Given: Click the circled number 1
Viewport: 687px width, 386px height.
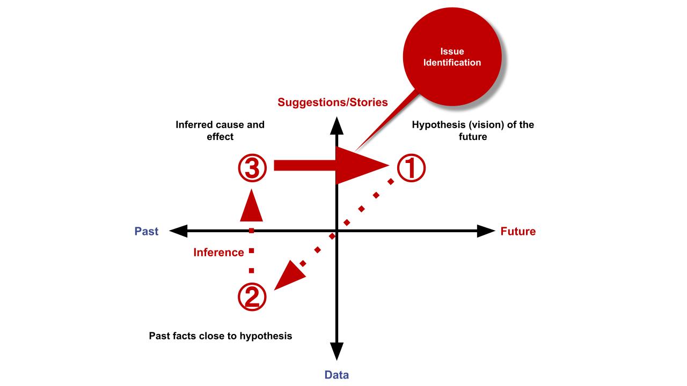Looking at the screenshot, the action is point(411,168).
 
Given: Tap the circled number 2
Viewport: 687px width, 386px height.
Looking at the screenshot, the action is point(252,297).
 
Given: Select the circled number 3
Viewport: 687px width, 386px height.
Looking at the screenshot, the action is point(252,168).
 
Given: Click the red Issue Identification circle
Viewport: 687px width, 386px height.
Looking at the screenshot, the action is point(452,57).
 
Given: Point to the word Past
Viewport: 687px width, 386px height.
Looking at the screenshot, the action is point(147,231).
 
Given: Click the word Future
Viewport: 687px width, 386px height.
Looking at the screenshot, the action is point(518,231).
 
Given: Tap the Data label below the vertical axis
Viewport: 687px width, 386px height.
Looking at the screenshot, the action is point(337,375).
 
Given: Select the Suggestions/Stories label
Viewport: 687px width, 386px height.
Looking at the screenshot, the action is point(332,102).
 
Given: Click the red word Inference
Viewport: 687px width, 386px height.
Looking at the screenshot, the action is point(218,253).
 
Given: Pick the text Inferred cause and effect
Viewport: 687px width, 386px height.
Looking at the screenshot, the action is point(220,130).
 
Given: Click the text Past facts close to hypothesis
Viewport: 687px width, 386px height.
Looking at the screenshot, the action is point(221,336).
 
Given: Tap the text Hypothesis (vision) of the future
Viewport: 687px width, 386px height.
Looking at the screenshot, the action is point(473,130).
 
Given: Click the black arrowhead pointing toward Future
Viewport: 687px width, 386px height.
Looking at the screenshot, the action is point(486,231).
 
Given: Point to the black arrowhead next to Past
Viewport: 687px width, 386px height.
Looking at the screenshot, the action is point(178,231).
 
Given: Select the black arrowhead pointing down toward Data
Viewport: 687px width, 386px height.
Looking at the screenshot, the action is point(337,351).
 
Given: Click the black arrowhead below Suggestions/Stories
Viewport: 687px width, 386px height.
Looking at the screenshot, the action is point(337,125).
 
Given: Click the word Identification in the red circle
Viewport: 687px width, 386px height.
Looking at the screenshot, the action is point(452,63).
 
